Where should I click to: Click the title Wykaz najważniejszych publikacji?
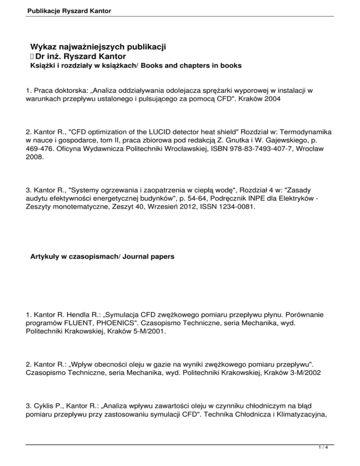coord(99,47)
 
